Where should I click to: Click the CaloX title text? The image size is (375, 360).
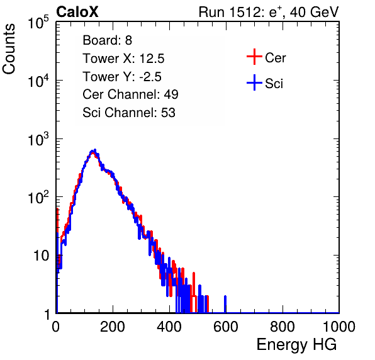click(x=77, y=12)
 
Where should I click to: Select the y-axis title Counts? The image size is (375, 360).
click(x=9, y=48)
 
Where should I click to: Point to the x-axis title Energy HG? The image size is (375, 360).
click(x=296, y=345)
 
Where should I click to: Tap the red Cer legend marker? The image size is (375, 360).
click(x=254, y=57)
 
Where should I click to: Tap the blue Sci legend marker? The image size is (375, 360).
click(x=254, y=82)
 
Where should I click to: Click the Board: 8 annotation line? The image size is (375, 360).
click(x=108, y=40)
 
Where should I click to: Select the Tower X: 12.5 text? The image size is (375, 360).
click(x=123, y=59)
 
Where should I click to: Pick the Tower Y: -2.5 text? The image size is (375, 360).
click(x=122, y=77)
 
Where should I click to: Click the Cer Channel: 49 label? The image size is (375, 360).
click(x=130, y=94)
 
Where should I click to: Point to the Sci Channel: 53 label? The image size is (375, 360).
click(x=129, y=113)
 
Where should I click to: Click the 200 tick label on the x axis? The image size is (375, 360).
click(x=113, y=327)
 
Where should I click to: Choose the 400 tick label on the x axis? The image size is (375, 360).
click(x=169, y=327)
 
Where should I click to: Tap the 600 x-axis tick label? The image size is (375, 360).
click(x=226, y=327)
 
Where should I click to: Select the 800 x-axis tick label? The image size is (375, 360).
click(x=283, y=327)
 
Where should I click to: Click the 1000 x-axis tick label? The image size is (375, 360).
click(x=339, y=327)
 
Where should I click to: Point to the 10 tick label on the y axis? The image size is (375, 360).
click(x=41, y=256)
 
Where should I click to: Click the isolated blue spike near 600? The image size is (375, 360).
click(x=225, y=304)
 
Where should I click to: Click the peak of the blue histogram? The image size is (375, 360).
click(x=95, y=150)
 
